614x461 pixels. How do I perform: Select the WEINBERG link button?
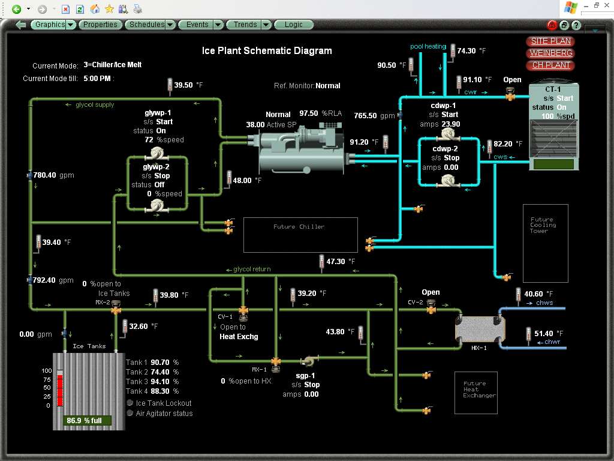click(550, 53)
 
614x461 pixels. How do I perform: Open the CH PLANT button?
click(550, 65)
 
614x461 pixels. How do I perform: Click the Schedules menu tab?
click(147, 25)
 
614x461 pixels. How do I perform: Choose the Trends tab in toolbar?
click(245, 25)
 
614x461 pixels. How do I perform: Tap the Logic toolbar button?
click(294, 25)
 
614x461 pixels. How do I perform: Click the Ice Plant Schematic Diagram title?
click(267, 50)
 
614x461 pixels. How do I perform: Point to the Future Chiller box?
click(300, 234)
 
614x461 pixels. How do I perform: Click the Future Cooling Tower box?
click(544, 243)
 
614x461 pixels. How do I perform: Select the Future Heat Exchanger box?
click(475, 393)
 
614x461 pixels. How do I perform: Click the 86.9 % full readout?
click(88, 421)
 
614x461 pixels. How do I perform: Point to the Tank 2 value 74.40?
click(161, 372)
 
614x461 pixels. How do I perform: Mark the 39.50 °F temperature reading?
click(183, 85)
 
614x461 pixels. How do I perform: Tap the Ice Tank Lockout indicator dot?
click(130, 403)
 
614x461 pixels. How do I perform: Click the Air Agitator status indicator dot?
click(130, 413)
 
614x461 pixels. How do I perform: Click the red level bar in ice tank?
click(60, 390)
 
